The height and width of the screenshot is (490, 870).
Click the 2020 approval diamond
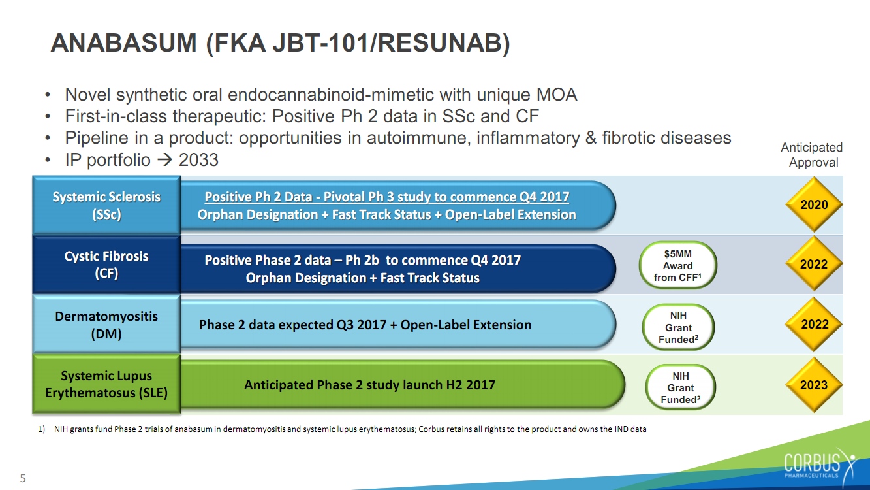(x=814, y=204)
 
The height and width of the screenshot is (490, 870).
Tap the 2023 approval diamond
(x=814, y=385)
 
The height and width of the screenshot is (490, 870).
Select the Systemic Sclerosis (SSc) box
(x=106, y=205)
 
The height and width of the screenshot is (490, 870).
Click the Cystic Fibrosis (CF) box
(x=106, y=265)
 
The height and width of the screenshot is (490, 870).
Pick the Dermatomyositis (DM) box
(x=106, y=324)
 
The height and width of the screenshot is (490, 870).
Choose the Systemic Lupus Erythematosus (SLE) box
(x=106, y=384)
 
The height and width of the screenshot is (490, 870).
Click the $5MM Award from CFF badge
(x=677, y=266)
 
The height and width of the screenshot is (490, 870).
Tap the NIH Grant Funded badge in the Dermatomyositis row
(x=678, y=327)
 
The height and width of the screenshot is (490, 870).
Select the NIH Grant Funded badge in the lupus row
(x=681, y=387)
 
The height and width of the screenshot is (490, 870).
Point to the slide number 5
(x=23, y=478)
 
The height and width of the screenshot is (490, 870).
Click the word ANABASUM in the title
(x=124, y=42)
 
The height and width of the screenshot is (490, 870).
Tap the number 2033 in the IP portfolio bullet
(x=198, y=160)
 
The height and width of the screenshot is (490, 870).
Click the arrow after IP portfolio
(x=164, y=160)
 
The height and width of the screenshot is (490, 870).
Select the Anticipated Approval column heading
(x=812, y=155)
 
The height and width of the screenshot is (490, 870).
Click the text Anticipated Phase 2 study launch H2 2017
(x=369, y=385)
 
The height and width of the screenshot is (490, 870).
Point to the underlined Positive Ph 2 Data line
(x=387, y=197)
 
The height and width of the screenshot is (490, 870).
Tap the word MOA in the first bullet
(x=557, y=95)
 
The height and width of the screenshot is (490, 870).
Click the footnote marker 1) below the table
(x=42, y=429)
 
